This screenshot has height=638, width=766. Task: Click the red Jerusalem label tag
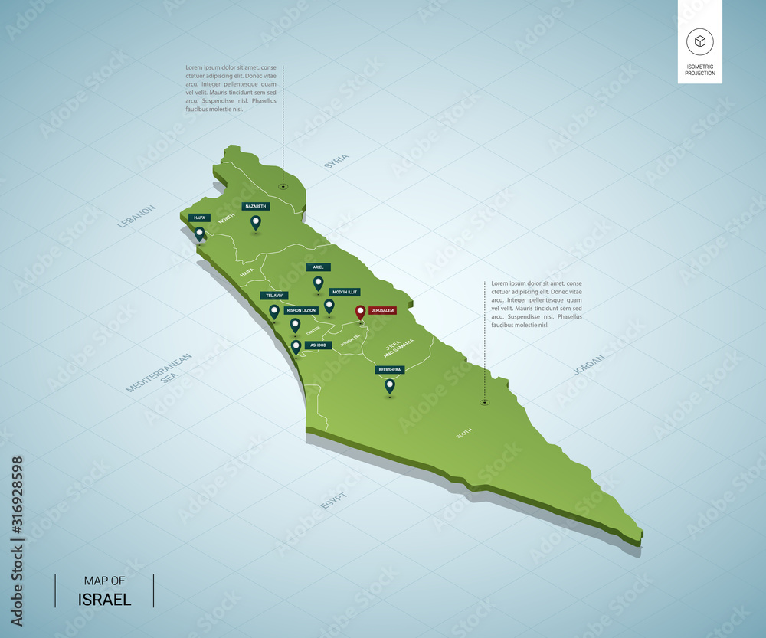tap(382, 310)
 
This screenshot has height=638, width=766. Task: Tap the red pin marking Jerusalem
tap(360, 312)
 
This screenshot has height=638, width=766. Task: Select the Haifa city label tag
tap(199, 218)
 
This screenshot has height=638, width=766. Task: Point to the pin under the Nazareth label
tap(256, 222)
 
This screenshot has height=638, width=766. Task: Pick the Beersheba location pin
tap(389, 386)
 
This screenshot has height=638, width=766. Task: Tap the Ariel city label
tap(318, 267)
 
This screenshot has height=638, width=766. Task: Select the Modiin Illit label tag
tap(344, 292)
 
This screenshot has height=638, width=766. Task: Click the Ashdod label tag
tap(318, 345)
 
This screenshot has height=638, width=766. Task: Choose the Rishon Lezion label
tap(300, 310)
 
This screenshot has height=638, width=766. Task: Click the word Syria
tap(336, 161)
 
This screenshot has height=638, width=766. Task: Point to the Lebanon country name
tap(137, 217)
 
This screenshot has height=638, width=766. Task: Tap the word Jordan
tap(589, 364)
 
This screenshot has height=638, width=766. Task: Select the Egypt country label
tap(335, 502)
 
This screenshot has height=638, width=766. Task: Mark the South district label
tap(464, 433)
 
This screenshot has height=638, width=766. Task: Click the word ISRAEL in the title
tap(104, 599)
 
